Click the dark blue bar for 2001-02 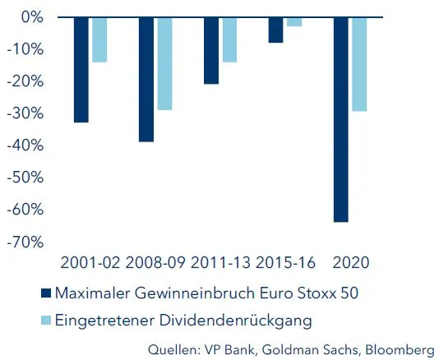[x=81, y=70]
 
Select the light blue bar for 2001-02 [x=99, y=39]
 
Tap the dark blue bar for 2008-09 [x=146, y=79]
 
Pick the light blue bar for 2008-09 [x=164, y=63]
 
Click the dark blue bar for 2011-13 [x=211, y=50]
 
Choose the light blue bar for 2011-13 [x=229, y=39]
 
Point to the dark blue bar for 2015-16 [x=275, y=30]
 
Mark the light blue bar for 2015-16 [x=294, y=21]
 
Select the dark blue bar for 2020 [x=341, y=119]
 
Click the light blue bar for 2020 [x=359, y=64]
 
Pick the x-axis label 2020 [x=350, y=263]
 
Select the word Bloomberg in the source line [x=400, y=348]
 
